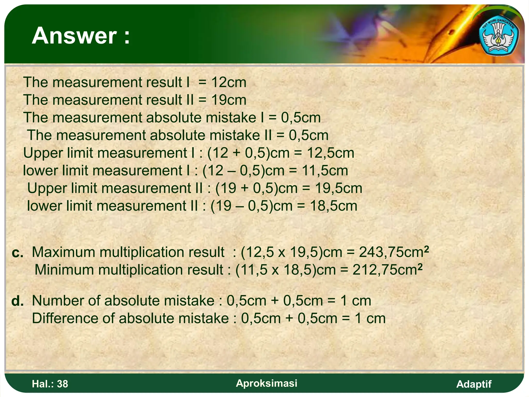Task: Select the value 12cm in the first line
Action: [x=229, y=82]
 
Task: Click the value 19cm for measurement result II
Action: [x=229, y=100]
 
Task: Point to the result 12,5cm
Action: [x=330, y=153]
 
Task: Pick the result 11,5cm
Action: [x=325, y=171]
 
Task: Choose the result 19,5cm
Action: [x=338, y=188]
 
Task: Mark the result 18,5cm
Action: [x=333, y=206]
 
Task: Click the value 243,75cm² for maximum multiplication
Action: [x=394, y=252]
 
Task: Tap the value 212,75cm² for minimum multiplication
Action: [x=387, y=270]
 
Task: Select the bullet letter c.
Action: [x=17, y=253]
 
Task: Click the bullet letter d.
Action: [x=18, y=301]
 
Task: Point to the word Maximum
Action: [x=64, y=252]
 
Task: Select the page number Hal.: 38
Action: [x=50, y=384]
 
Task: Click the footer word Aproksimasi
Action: [x=267, y=383]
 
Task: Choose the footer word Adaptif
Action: [x=474, y=384]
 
